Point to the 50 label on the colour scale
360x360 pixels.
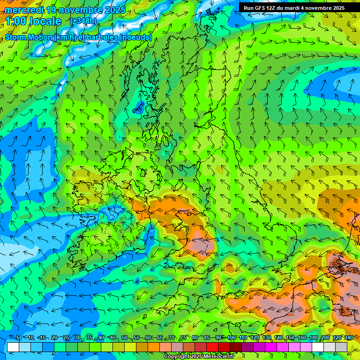(x=124, y=338)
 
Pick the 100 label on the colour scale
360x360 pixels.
(x=231, y=338)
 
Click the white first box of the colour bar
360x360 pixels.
(x=13, y=347)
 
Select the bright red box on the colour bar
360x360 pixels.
(x=212, y=347)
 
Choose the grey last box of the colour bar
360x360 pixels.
(x=341, y=347)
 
